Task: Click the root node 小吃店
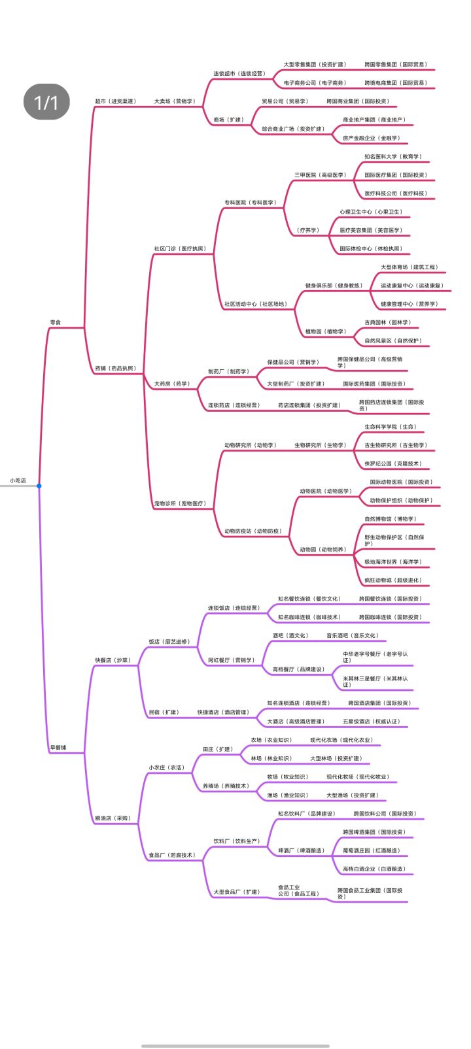point(18,480)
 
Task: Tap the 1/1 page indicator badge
point(46,102)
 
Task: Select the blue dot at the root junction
point(39,486)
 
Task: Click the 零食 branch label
point(57,322)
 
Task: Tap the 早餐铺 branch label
point(58,747)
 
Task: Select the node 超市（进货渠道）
point(116,101)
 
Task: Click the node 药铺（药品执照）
point(116,369)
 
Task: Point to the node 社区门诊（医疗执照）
point(180,248)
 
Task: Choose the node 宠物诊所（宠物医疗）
point(180,503)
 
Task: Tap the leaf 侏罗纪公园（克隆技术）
point(393,463)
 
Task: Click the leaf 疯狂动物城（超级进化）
point(393,580)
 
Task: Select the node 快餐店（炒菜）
point(113,660)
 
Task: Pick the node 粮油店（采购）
point(113,818)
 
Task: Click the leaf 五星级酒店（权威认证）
point(371,722)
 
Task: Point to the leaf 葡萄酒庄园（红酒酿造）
point(372,850)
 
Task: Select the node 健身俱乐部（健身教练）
point(334,286)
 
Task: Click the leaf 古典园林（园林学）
point(388,322)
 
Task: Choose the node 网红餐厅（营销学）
point(232,660)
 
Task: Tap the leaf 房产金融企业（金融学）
point(372,138)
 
